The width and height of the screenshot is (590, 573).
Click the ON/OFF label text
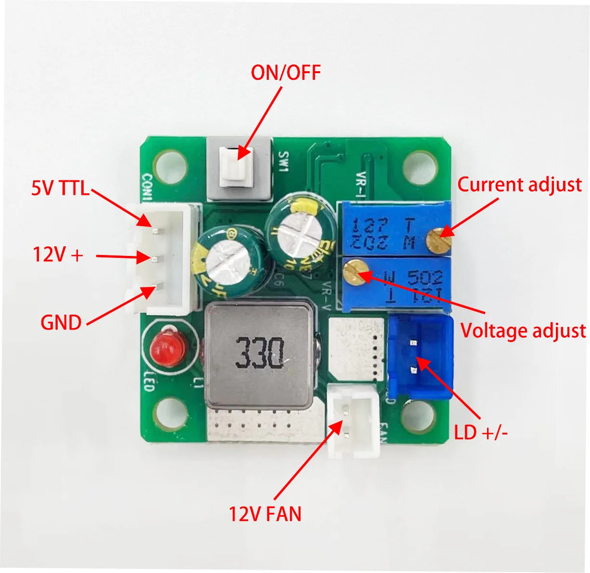click(286, 72)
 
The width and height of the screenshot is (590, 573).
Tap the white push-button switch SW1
click(236, 166)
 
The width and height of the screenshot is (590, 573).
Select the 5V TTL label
click(61, 188)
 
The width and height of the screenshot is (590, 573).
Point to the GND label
click(61, 322)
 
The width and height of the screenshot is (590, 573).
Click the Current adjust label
click(519, 185)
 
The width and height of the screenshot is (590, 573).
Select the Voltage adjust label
click(523, 331)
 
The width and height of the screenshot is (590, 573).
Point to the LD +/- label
click(481, 433)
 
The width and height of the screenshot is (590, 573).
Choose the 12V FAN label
click(265, 514)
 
